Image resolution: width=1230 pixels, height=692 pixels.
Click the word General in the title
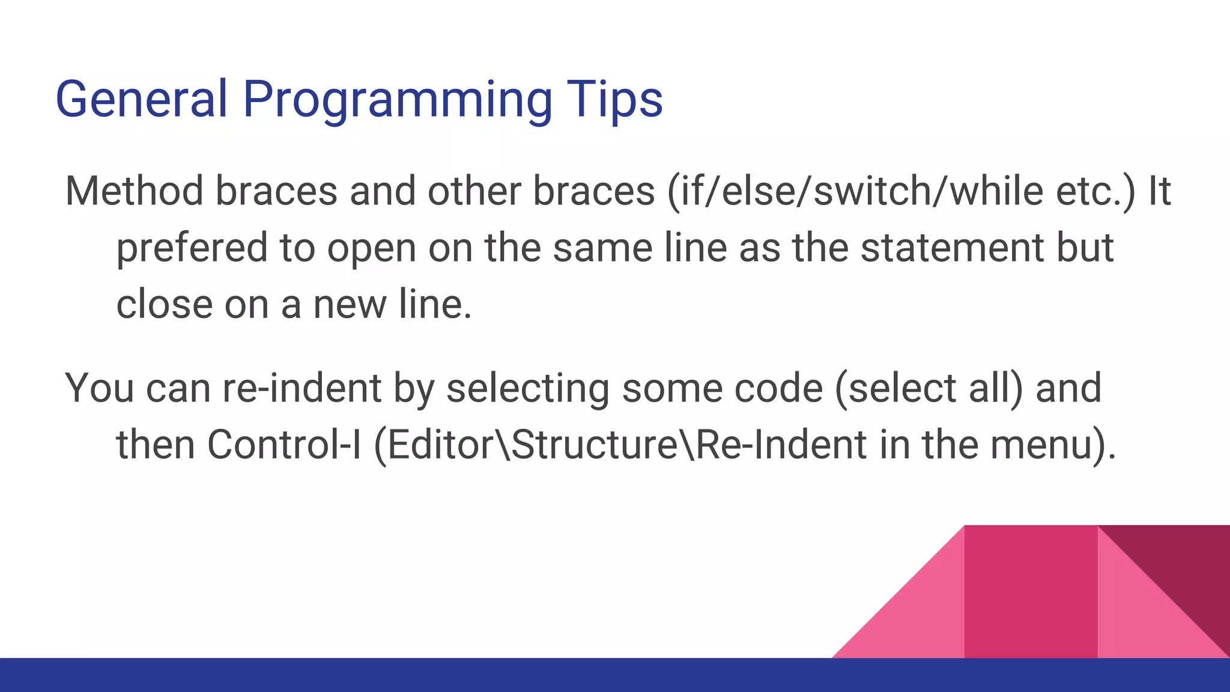[x=142, y=99]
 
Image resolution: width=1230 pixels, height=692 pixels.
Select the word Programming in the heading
[x=396, y=99]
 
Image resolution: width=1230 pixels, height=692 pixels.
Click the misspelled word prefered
[x=192, y=247]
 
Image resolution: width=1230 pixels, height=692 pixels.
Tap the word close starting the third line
[x=164, y=304]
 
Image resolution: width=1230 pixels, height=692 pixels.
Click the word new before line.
[x=350, y=304]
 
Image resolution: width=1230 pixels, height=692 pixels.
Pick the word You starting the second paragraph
[x=99, y=388]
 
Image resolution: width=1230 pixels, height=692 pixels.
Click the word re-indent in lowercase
[x=301, y=388]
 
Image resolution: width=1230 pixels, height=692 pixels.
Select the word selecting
[x=527, y=388]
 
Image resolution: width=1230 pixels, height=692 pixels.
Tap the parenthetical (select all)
[x=929, y=388]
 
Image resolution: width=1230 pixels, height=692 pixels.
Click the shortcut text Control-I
[x=284, y=445]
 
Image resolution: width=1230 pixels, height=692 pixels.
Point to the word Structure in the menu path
[x=595, y=445]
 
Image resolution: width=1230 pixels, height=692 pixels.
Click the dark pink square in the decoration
[x=1031, y=592]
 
